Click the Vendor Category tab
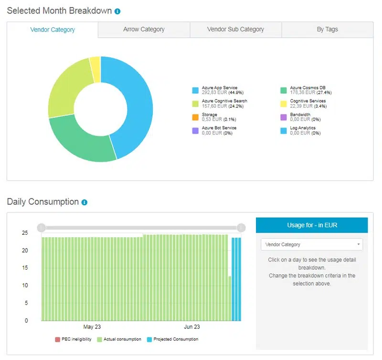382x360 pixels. click(x=53, y=30)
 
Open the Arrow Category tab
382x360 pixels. click(x=144, y=30)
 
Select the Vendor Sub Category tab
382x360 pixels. click(x=235, y=30)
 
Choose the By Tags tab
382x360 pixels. click(x=327, y=30)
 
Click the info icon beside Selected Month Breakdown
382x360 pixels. click(x=117, y=11)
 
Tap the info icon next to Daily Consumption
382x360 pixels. click(x=85, y=202)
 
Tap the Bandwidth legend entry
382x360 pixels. click(x=300, y=117)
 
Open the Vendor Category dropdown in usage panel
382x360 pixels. click(x=311, y=244)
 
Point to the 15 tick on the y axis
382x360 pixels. click(x=25, y=268)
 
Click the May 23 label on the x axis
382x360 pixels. click(x=92, y=327)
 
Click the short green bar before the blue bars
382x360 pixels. click(x=230, y=298)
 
